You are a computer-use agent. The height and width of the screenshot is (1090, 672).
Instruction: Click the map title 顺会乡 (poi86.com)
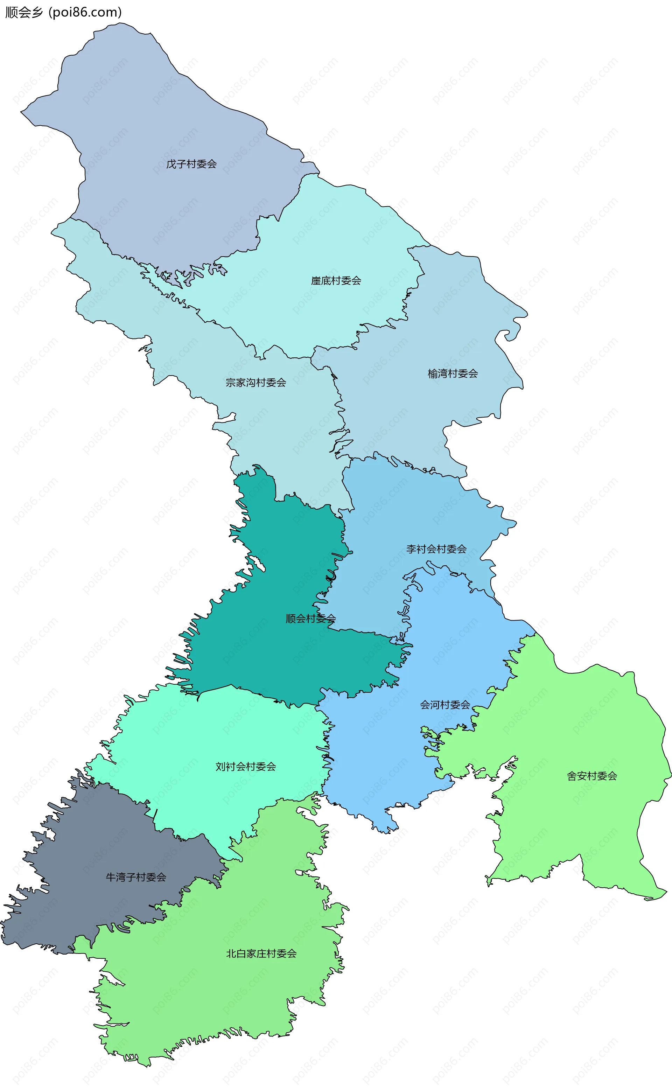(x=63, y=12)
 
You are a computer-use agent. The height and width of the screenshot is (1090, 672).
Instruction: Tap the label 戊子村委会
(x=191, y=164)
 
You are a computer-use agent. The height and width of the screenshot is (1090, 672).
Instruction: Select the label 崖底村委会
(x=336, y=280)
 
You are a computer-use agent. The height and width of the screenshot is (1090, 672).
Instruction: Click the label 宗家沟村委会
(x=255, y=382)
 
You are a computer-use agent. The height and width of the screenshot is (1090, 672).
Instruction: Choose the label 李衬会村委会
(x=436, y=549)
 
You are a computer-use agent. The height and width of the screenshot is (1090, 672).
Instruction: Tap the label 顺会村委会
(x=310, y=618)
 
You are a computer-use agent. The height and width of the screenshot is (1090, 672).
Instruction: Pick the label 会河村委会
(x=445, y=704)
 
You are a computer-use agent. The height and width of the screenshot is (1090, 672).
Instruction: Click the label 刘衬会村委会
(x=245, y=766)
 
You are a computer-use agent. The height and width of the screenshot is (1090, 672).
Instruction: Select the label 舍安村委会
(x=591, y=776)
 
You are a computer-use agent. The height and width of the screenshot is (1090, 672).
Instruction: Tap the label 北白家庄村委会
(x=261, y=953)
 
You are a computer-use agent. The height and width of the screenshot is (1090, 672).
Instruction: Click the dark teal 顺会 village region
(x=275, y=658)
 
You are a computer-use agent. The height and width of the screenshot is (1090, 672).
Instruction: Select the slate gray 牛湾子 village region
(x=89, y=844)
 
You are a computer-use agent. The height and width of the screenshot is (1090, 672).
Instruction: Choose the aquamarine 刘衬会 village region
(x=200, y=733)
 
